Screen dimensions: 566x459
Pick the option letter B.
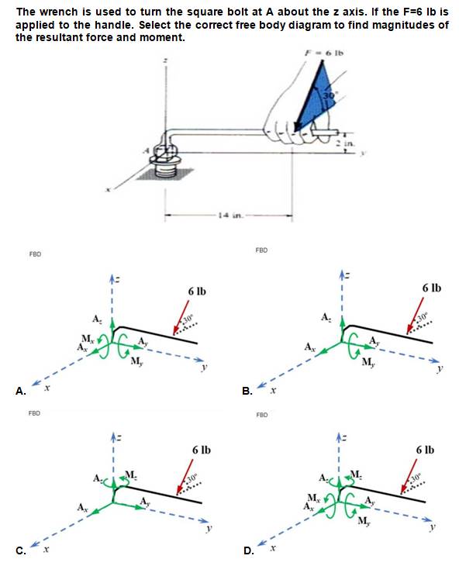pyautogui.click(x=246, y=392)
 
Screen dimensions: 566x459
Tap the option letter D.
pyautogui.click(x=246, y=552)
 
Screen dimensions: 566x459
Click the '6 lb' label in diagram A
pyautogui.click(x=196, y=291)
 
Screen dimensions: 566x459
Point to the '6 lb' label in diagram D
pyautogui.click(x=424, y=450)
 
